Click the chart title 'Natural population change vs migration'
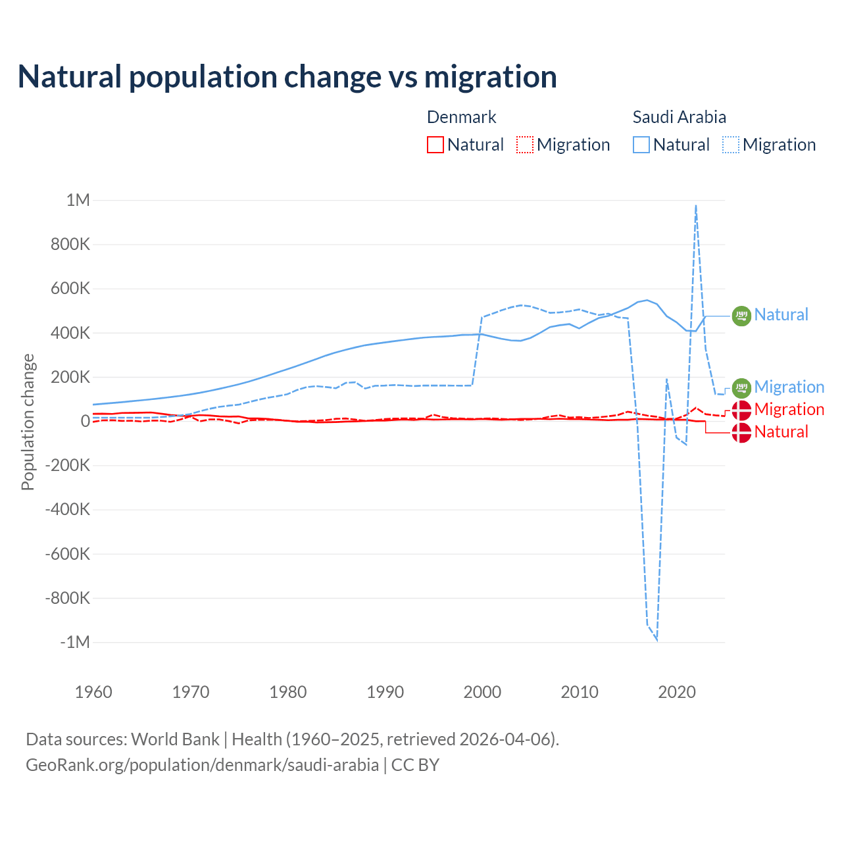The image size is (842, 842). pyautogui.click(x=287, y=77)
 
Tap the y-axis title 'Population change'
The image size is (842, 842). pyautogui.click(x=28, y=422)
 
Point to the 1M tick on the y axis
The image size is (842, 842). pyautogui.click(x=78, y=200)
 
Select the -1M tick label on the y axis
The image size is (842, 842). pyautogui.click(x=74, y=642)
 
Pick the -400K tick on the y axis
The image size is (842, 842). pyautogui.click(x=67, y=509)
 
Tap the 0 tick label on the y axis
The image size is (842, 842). pyautogui.click(x=85, y=421)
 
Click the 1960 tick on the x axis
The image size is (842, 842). pyautogui.click(x=93, y=692)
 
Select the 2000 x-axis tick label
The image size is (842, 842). pyautogui.click(x=482, y=692)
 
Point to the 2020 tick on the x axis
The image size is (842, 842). pyautogui.click(x=676, y=692)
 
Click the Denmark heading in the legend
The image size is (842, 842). pyautogui.click(x=461, y=117)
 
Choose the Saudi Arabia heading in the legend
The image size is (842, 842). pyautogui.click(x=679, y=117)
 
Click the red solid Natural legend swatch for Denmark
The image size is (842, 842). pyautogui.click(x=435, y=145)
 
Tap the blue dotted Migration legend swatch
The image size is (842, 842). pyautogui.click(x=731, y=145)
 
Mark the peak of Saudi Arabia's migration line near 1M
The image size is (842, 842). pyautogui.click(x=695, y=206)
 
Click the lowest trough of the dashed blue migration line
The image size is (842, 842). pyautogui.click(x=656, y=639)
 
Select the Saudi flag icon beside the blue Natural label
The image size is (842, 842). pyautogui.click(x=741, y=316)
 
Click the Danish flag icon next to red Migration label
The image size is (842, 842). pyautogui.click(x=741, y=410)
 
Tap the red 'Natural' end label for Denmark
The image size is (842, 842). pyautogui.click(x=781, y=432)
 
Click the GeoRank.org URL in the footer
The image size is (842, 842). pyautogui.click(x=202, y=765)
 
